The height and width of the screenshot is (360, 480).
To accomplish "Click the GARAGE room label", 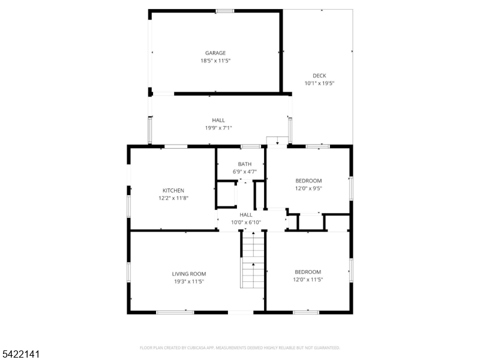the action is click(x=215, y=53).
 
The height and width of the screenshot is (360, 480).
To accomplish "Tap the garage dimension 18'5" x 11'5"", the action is click(x=215, y=61).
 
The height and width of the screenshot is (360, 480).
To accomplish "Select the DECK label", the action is click(x=319, y=76).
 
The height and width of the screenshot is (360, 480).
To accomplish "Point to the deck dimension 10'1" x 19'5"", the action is click(x=319, y=83).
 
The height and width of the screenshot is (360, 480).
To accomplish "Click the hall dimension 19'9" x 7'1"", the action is click(x=218, y=128).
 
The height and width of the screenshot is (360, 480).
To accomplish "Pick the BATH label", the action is click(x=245, y=164).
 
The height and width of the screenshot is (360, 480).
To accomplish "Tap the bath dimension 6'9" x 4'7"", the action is click(x=245, y=172).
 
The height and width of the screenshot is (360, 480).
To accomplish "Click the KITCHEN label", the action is click(x=173, y=190).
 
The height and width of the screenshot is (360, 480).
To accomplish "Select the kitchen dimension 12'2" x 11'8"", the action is click(x=173, y=198).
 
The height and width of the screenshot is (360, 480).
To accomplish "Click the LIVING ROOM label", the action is click(x=189, y=274).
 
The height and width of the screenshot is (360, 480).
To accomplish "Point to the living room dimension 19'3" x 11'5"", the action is click(x=189, y=281).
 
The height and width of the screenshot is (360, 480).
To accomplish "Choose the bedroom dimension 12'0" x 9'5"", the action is click(x=308, y=188).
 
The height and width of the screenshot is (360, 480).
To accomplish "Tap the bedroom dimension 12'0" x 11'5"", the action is click(x=308, y=280).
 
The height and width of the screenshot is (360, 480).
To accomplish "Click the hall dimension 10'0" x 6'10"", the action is click(x=246, y=222).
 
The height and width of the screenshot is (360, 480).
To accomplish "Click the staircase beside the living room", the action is click(x=252, y=260).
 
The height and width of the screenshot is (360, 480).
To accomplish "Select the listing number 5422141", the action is click(x=20, y=354).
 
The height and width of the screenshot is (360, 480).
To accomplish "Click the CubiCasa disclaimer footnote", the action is click(x=239, y=348).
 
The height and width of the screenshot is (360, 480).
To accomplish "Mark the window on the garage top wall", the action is click(x=224, y=11).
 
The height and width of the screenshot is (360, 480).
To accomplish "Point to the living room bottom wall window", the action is click(x=175, y=312).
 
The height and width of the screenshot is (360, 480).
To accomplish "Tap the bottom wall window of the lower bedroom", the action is click(x=306, y=312).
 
